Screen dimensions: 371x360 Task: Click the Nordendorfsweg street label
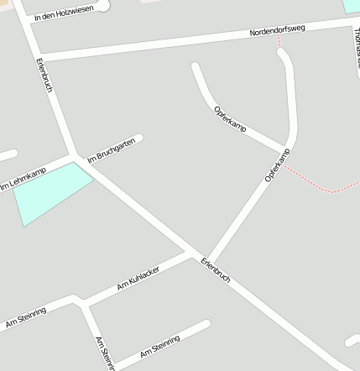277,30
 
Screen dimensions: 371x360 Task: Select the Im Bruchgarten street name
111,149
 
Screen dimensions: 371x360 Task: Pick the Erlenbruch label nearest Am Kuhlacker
216,269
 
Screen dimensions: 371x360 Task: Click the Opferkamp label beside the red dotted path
276,165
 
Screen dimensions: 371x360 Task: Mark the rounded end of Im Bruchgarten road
138,138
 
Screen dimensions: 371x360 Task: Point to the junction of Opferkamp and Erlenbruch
206,259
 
